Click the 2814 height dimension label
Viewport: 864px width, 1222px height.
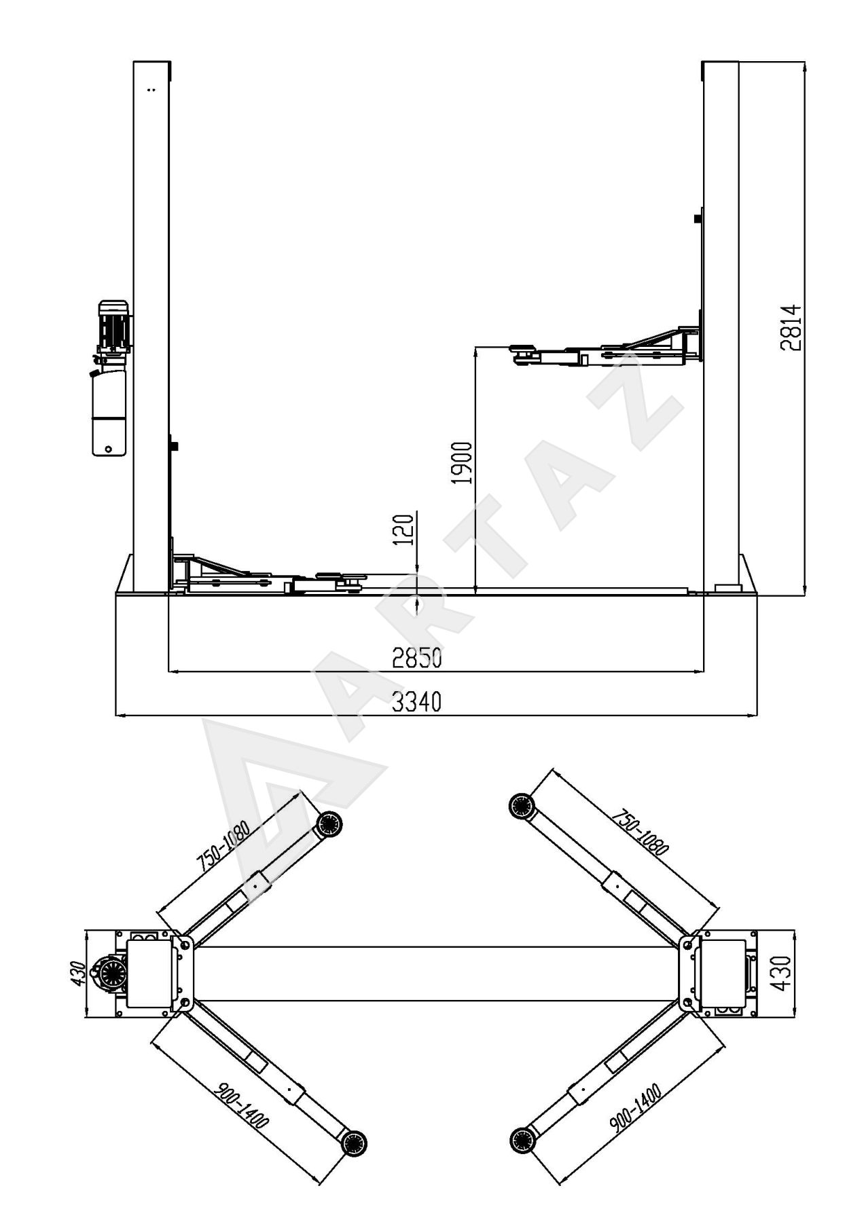[x=791, y=328]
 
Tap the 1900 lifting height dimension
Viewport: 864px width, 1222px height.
[x=462, y=463]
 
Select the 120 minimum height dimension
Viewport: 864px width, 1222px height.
[x=403, y=530]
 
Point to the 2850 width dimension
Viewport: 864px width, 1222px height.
[x=416, y=658]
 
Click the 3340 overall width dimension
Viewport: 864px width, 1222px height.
[x=416, y=702]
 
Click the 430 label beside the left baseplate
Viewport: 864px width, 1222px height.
[x=78, y=974]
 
